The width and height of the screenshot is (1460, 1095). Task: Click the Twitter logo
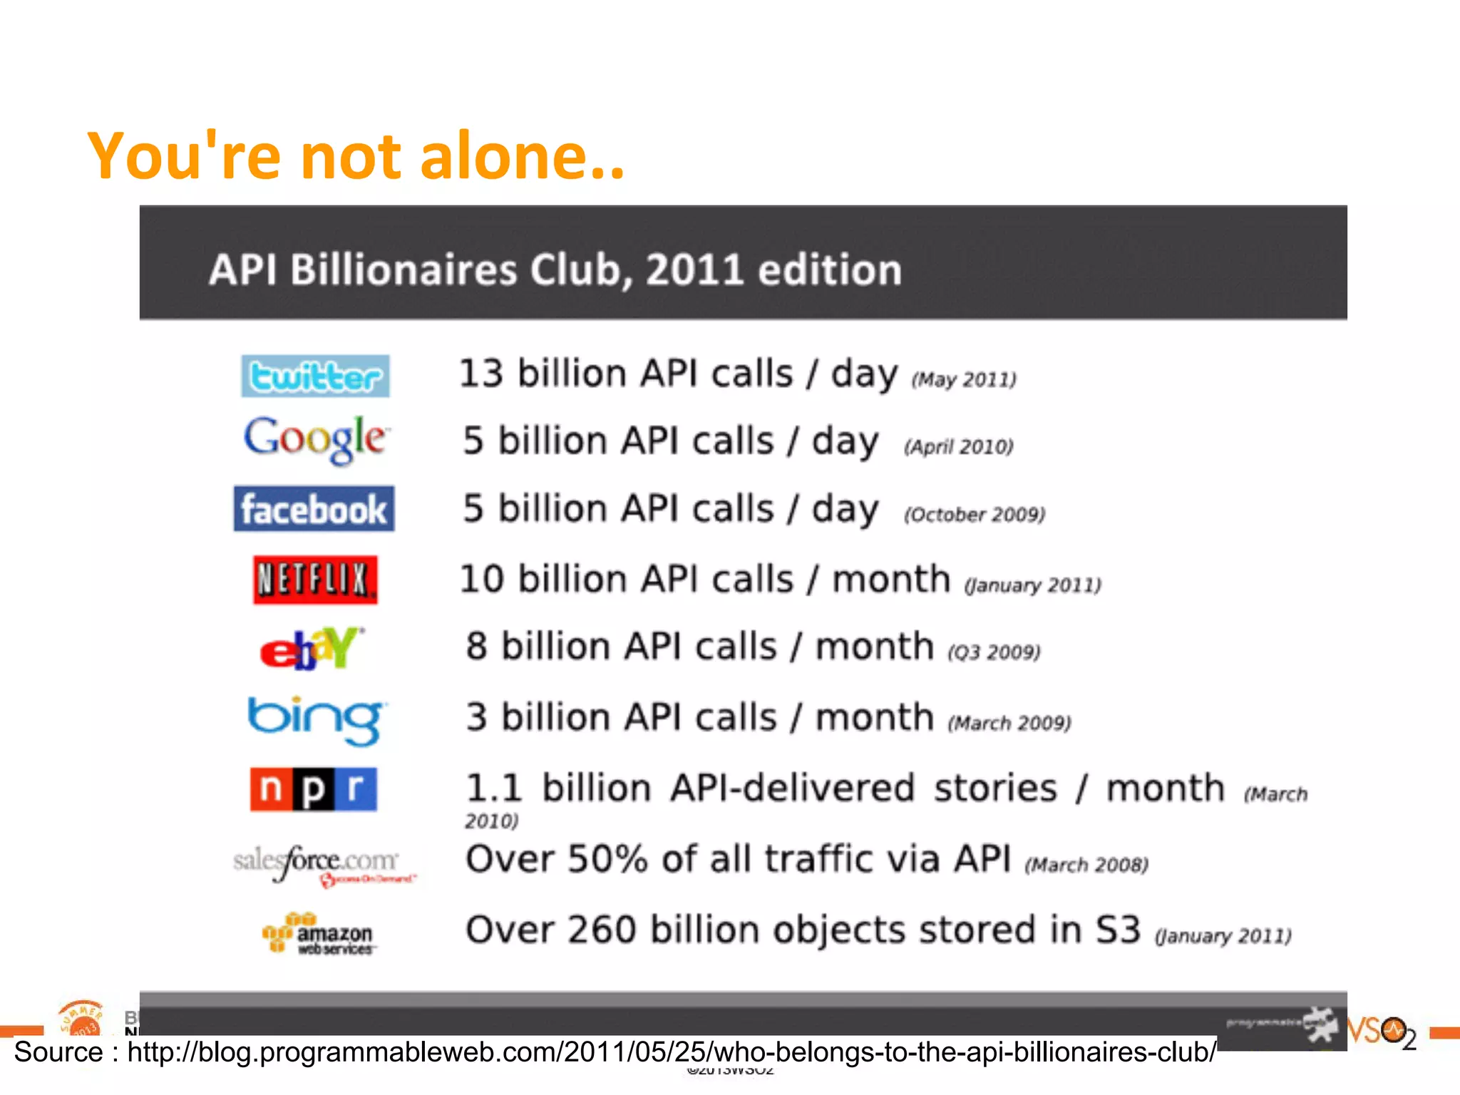pos(315,376)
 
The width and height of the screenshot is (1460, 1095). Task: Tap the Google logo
pos(316,438)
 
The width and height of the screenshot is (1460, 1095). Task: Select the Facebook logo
pos(314,509)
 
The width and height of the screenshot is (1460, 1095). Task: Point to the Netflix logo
pos(315,579)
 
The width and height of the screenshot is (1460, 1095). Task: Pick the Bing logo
pos(315,719)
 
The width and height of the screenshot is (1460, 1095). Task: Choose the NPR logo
pos(314,789)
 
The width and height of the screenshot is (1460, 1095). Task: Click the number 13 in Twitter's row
pos(481,374)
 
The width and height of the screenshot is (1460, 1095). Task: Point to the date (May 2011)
pos(964,379)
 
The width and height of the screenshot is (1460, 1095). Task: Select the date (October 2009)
pos(975,514)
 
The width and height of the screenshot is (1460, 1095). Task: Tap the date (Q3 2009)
pos(994,652)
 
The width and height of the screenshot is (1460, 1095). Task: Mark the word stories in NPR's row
pos(996,788)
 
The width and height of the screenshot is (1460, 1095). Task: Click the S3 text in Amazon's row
pos(1118,930)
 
